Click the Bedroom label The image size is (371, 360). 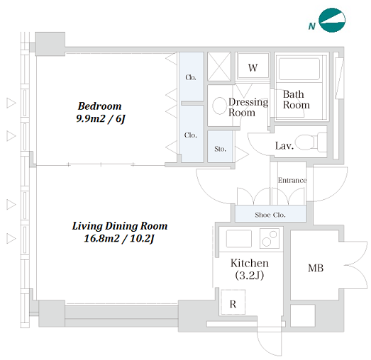point(99,106)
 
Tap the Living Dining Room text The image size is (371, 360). point(120,226)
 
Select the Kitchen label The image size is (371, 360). point(250,263)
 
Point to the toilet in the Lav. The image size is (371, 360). point(311,142)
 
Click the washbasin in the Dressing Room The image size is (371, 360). point(219,106)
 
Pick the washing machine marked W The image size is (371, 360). point(253,66)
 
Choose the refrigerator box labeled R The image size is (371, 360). point(233,303)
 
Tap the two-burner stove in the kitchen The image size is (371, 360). point(270,238)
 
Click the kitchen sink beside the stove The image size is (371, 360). point(239,239)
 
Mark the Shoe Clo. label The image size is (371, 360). point(270,215)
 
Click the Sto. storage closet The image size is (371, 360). point(221,146)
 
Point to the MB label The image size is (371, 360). point(316,268)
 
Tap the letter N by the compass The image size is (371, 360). point(312,26)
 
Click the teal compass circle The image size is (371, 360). point(332,20)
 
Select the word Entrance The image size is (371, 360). point(292,181)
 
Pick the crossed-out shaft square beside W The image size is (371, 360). point(219,67)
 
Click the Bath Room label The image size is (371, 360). point(297,99)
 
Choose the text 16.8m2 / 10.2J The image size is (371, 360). point(119,239)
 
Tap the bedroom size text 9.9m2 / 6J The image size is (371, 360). point(100,118)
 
